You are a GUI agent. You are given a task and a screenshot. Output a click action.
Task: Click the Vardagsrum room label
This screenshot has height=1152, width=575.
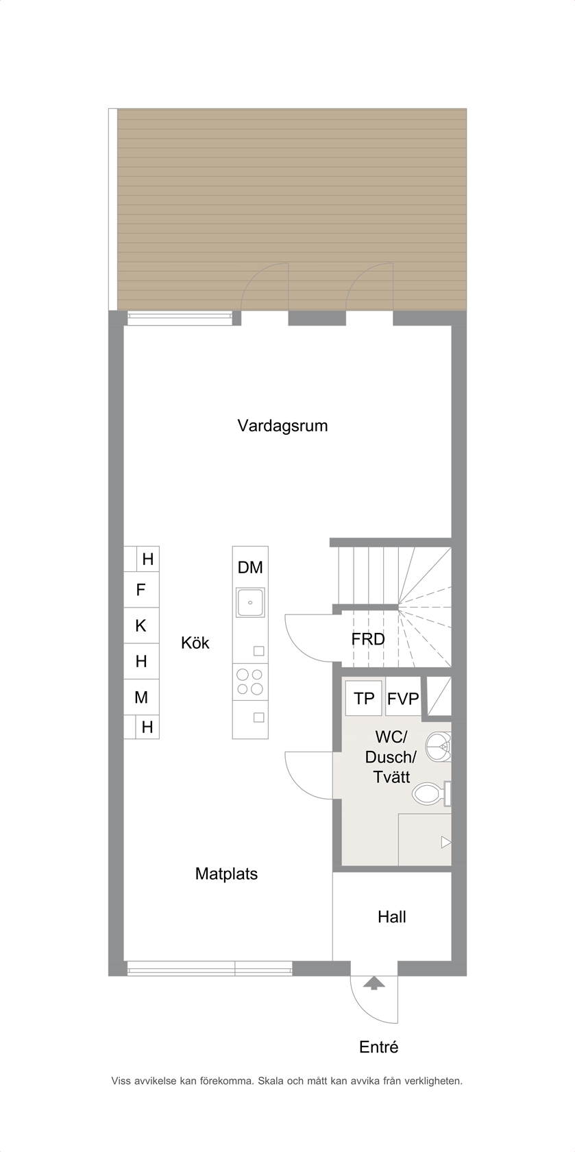pos(282,427)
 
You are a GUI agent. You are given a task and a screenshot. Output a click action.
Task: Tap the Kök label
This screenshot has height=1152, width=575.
pos(195,643)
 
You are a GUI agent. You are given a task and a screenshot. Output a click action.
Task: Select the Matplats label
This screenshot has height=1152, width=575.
pos(226,874)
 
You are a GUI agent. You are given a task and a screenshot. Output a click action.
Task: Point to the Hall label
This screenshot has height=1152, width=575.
pos(392,917)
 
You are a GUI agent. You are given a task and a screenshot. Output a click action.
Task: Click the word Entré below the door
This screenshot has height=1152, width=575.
pos(379,1047)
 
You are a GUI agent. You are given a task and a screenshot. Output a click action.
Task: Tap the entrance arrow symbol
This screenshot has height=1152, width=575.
pos(374,983)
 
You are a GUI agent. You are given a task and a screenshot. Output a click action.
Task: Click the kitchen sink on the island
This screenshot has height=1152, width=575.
pos(250,602)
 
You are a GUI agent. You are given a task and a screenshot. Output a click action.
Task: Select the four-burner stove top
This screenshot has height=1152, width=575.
pos(250,682)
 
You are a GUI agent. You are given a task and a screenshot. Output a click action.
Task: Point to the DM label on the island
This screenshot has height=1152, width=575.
pos(250,568)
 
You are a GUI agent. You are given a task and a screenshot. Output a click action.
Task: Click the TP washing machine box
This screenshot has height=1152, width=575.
pos(364,698)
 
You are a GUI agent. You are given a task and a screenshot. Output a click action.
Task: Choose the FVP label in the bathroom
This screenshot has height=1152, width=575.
pos(404,698)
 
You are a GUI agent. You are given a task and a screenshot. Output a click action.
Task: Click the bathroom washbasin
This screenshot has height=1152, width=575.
pos(439,747)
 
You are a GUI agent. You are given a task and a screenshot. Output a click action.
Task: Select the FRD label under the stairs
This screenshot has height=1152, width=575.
pos(368,639)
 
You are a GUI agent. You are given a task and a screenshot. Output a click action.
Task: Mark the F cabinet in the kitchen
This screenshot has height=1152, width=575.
pos(141,590)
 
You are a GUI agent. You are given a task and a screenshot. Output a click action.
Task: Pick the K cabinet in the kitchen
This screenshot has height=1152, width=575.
pos(141,625)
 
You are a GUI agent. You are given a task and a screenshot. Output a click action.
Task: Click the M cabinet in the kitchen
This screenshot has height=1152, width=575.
pos(141,697)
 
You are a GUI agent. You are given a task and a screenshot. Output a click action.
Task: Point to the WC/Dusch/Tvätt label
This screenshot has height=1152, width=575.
pos(391,757)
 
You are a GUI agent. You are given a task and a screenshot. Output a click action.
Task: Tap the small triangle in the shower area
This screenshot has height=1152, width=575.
pos(446,842)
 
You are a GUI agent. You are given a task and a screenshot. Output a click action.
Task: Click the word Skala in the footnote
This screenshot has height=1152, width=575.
pos(271,1081)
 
